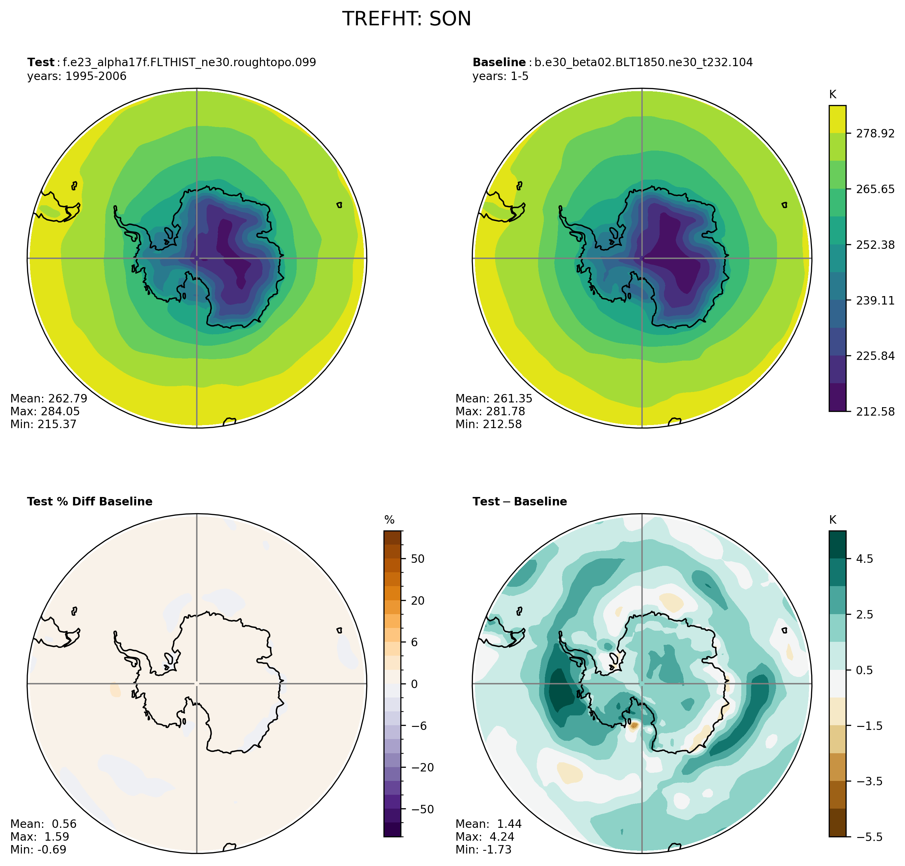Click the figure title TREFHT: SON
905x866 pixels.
(x=406, y=19)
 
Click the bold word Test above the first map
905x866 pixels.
(x=41, y=62)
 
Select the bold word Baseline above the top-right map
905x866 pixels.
(x=499, y=62)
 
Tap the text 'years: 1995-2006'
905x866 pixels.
(x=77, y=76)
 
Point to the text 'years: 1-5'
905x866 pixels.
(x=500, y=76)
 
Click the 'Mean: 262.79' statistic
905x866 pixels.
(x=49, y=398)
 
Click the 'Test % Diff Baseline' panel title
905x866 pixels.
(x=89, y=501)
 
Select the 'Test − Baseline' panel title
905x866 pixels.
(x=520, y=501)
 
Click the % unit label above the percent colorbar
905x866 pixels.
(x=389, y=520)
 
